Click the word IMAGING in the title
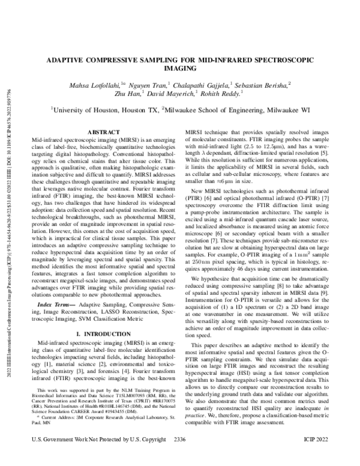click(179, 70)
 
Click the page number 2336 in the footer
click(179, 456)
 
